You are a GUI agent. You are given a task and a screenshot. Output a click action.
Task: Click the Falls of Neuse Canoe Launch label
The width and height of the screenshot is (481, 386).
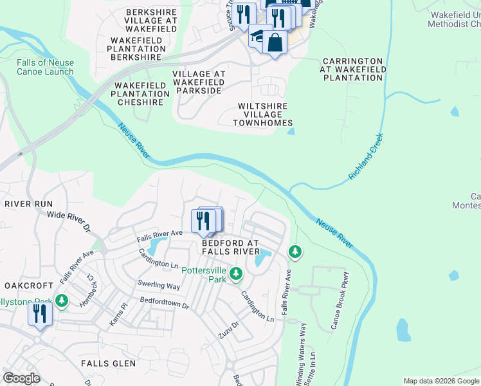coord(46,67)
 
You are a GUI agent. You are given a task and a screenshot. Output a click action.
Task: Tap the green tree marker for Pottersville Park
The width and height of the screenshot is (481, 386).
coord(236,275)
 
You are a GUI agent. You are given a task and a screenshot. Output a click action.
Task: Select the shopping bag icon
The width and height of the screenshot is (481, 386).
coord(275,43)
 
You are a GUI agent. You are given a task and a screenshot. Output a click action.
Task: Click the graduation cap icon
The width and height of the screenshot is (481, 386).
coord(258,37)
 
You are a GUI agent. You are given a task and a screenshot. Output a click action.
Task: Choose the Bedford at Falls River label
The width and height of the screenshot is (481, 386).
coord(230,248)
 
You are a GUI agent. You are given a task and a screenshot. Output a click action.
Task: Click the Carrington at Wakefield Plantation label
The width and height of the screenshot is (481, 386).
coord(353,69)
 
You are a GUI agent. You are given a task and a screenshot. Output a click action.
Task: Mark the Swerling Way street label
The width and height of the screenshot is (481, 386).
coord(158,285)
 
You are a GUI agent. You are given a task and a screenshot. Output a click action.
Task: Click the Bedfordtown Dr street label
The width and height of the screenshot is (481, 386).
coord(164,303)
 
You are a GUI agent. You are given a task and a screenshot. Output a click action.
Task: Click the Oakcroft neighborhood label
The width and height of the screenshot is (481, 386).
coord(28,285)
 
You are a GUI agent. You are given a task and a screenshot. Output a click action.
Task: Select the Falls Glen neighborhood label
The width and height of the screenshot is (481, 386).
coord(108,363)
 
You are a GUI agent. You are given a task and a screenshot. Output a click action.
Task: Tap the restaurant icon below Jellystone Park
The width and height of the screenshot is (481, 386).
coord(40,314)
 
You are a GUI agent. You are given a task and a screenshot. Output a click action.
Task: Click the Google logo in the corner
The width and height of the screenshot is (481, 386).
coord(21,378)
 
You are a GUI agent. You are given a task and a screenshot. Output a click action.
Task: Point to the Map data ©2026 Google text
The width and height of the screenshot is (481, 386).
coord(440,381)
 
